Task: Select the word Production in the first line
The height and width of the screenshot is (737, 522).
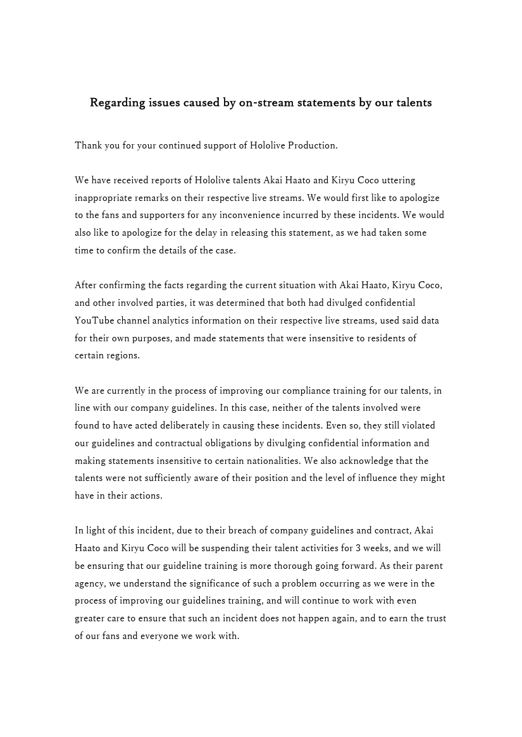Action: click(312, 145)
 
